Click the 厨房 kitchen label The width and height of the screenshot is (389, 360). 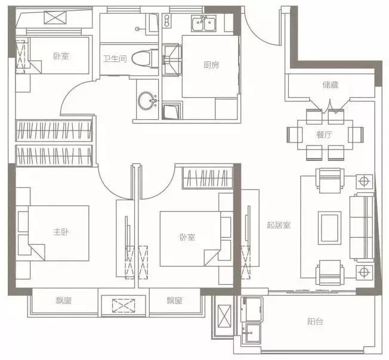211,65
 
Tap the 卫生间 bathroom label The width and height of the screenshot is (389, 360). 115,59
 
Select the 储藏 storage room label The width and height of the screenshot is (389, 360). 331,85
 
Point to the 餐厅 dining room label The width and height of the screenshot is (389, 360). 324,135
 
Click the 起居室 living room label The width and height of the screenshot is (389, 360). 279,225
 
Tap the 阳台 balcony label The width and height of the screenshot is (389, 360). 315,322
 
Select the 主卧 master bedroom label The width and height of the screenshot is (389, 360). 61,232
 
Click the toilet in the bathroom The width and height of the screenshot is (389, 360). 144,59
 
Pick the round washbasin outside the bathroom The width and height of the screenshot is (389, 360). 147,100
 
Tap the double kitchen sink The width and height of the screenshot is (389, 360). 203,23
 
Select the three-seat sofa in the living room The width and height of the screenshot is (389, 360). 362,228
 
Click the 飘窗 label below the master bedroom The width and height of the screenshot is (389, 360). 63,301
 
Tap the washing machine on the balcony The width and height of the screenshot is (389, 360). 252,309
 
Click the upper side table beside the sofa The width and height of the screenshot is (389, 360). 365,181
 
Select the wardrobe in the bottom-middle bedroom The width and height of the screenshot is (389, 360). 208,178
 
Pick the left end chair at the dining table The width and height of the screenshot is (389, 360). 295,135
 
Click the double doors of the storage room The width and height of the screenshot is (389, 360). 330,106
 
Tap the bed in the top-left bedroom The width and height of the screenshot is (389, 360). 59,55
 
